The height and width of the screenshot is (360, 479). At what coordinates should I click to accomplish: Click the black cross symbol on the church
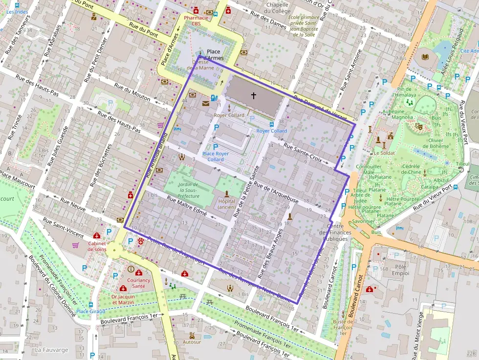pyautogui.click(x=253, y=96)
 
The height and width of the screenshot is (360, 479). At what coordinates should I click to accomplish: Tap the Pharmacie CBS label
pyautogui.click(x=196, y=21)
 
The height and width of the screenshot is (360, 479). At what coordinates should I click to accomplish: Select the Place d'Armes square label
pyautogui.click(x=215, y=55)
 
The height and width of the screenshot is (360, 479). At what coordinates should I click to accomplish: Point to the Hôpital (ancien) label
pyautogui.click(x=226, y=204)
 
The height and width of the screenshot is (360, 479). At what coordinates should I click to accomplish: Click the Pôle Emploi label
pyautogui.click(x=400, y=270)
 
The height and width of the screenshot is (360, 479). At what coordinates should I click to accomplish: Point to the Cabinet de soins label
pyautogui.click(x=97, y=246)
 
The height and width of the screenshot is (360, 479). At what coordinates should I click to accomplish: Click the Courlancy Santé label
pyautogui.click(x=138, y=283)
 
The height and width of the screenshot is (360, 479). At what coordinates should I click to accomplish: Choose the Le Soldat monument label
pyautogui.click(x=384, y=153)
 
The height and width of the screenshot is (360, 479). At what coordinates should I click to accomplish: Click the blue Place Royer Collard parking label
pyautogui.click(x=216, y=156)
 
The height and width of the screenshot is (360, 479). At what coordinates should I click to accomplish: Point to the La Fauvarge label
pyautogui.click(x=51, y=350)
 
